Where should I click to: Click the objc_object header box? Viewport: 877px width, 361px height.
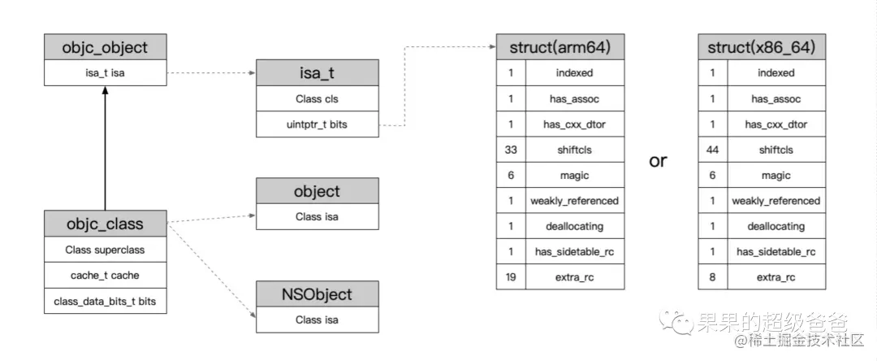point(105,47)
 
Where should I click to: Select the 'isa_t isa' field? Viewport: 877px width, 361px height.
point(105,72)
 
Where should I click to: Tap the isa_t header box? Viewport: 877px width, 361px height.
point(318,72)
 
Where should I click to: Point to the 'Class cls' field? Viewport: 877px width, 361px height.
point(318,98)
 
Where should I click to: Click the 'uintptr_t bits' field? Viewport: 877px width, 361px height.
point(318,124)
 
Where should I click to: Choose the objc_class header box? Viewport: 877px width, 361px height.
point(105,224)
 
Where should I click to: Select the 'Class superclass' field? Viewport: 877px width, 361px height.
point(105,250)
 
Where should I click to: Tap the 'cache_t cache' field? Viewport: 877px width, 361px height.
point(105,276)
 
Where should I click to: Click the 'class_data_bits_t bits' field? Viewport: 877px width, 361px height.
point(105,301)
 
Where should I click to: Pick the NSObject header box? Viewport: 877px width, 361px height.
point(318,294)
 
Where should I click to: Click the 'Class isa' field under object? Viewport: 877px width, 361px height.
point(318,216)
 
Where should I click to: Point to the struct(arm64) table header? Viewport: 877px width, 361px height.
point(559,47)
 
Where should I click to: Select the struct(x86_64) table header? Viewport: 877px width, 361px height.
point(762,47)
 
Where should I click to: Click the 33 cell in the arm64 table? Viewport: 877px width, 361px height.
point(511,150)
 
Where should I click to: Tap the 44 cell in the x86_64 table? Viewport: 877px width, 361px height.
point(713,150)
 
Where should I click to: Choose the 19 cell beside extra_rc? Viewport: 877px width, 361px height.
point(511,277)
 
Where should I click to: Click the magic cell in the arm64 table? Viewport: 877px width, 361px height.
point(575,175)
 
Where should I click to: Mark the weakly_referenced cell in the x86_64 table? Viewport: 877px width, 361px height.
point(776,201)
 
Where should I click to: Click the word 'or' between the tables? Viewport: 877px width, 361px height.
point(659,161)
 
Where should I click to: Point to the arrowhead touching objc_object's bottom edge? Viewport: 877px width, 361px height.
point(105,89)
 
